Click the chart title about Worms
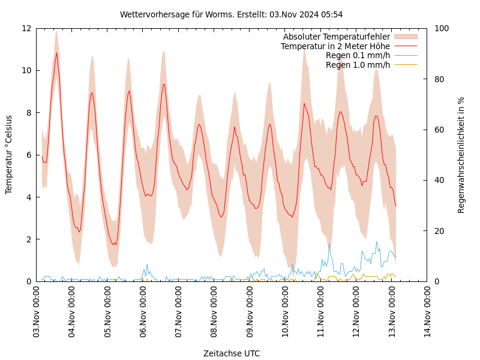tap(231, 14)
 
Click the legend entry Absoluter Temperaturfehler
tap(336, 37)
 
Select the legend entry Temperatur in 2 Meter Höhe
tap(335, 46)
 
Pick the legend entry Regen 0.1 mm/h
tap(358, 55)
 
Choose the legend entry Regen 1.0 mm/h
tap(358, 65)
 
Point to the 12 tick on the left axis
tap(26, 28)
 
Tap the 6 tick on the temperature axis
tap(28, 155)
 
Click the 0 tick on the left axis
tap(28, 281)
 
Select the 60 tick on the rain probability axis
tap(439, 130)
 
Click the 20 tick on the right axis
tap(439, 231)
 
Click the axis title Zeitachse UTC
tap(231, 353)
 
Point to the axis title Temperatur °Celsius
tap(9, 155)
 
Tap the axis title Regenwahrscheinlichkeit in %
tap(461, 155)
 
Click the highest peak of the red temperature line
tap(56, 52)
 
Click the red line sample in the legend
tap(406, 46)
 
